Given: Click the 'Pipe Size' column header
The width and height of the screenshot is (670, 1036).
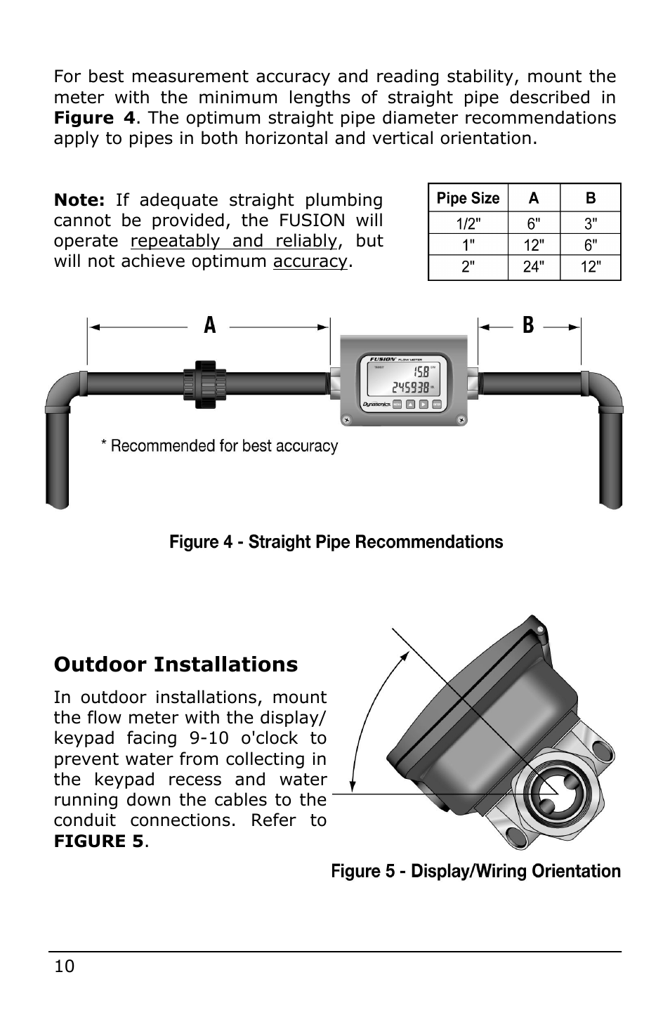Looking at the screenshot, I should click(x=468, y=198).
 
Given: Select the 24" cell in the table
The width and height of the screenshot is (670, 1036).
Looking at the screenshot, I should click(x=534, y=267).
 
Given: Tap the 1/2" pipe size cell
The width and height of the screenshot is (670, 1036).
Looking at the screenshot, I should click(x=468, y=224).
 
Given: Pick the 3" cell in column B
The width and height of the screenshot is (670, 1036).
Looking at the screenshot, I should click(x=591, y=224).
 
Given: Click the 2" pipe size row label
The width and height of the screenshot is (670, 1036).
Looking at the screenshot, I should click(x=468, y=267).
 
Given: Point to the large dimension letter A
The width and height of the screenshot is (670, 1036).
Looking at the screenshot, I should click(x=209, y=326).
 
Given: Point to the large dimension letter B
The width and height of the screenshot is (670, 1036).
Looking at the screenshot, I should click(x=528, y=326).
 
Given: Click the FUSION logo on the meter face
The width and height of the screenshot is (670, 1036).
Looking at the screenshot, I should click(x=383, y=359).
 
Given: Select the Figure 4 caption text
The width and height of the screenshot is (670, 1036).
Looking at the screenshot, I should click(x=336, y=542).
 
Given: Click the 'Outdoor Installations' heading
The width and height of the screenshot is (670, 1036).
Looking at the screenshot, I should click(x=176, y=664).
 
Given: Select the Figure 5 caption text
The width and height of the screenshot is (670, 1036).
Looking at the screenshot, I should click(x=475, y=872).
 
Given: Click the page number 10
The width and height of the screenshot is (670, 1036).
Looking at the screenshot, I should click(x=64, y=966).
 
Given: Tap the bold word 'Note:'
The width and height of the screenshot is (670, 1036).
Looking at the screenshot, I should click(x=79, y=200).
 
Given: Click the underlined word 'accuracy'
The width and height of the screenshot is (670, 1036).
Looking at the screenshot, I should click(x=310, y=262).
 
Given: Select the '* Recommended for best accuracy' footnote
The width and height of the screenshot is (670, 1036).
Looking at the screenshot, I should click(x=219, y=446).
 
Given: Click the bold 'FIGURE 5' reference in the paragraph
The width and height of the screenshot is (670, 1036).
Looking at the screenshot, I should click(x=98, y=841).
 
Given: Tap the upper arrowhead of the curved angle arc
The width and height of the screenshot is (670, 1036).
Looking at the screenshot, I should click(x=405, y=656).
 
